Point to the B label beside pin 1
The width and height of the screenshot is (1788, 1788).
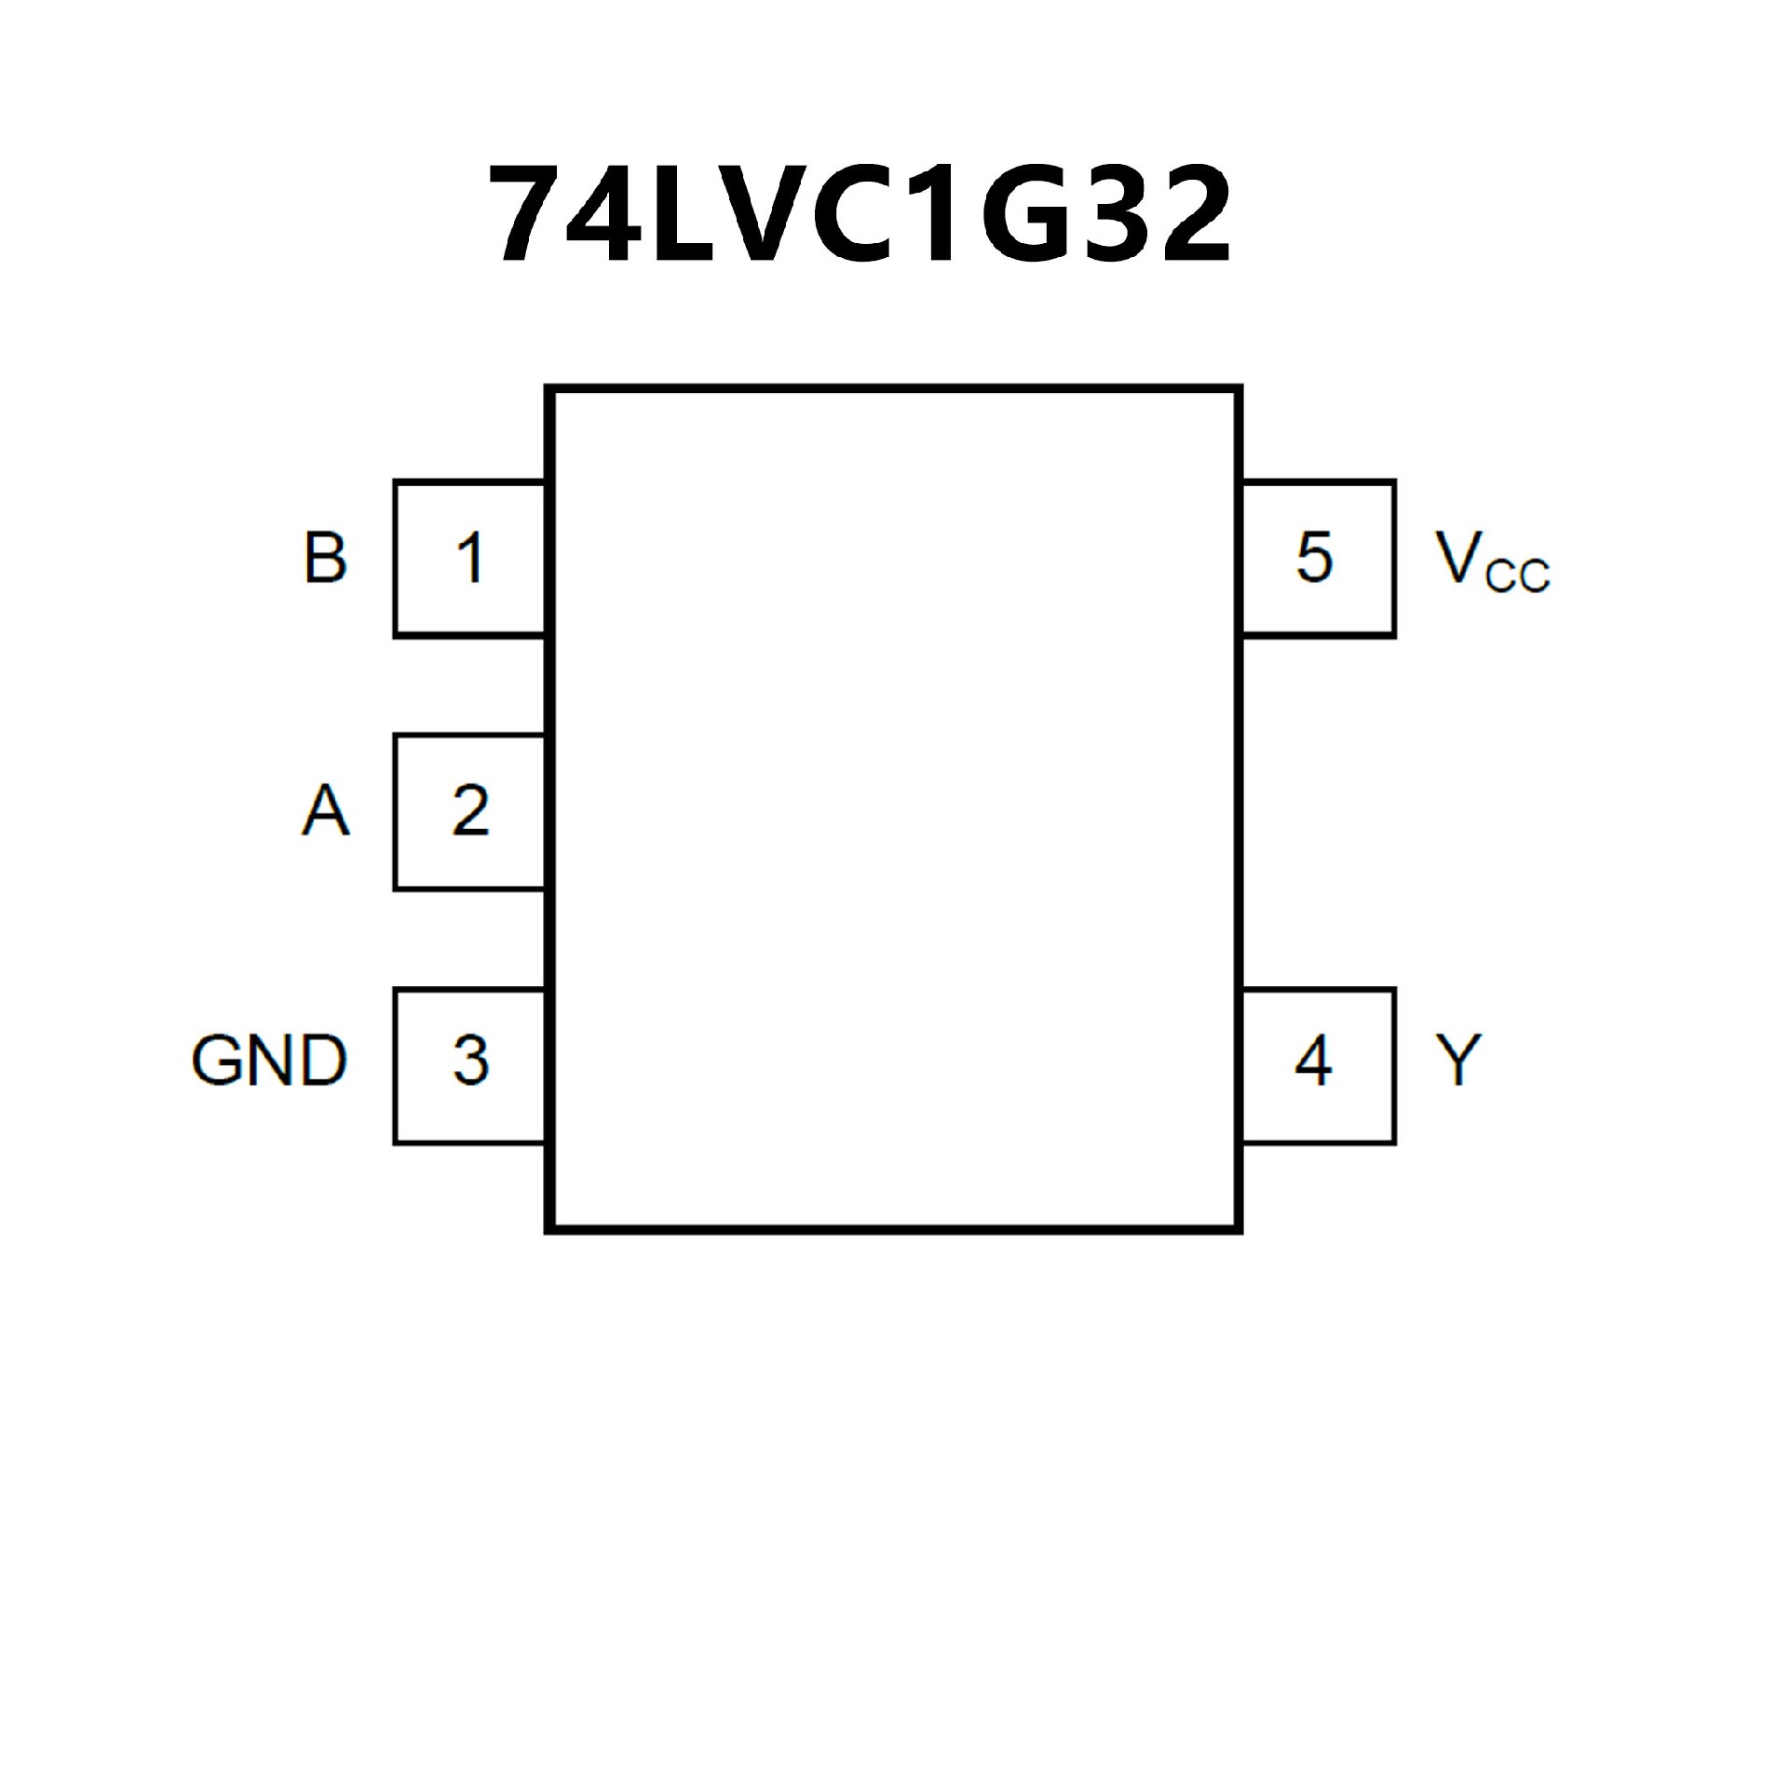(325, 558)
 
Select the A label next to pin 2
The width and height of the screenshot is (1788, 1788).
(325, 810)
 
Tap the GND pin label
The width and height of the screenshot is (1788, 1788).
(269, 1061)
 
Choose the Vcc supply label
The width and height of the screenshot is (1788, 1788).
(1491, 562)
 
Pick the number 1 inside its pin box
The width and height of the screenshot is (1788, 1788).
(470, 558)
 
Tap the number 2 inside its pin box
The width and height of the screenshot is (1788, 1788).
(470, 810)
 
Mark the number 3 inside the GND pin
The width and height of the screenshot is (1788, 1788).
(470, 1061)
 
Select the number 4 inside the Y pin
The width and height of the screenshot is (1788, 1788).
(1313, 1061)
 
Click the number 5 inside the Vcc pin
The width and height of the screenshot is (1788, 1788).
(1314, 558)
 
